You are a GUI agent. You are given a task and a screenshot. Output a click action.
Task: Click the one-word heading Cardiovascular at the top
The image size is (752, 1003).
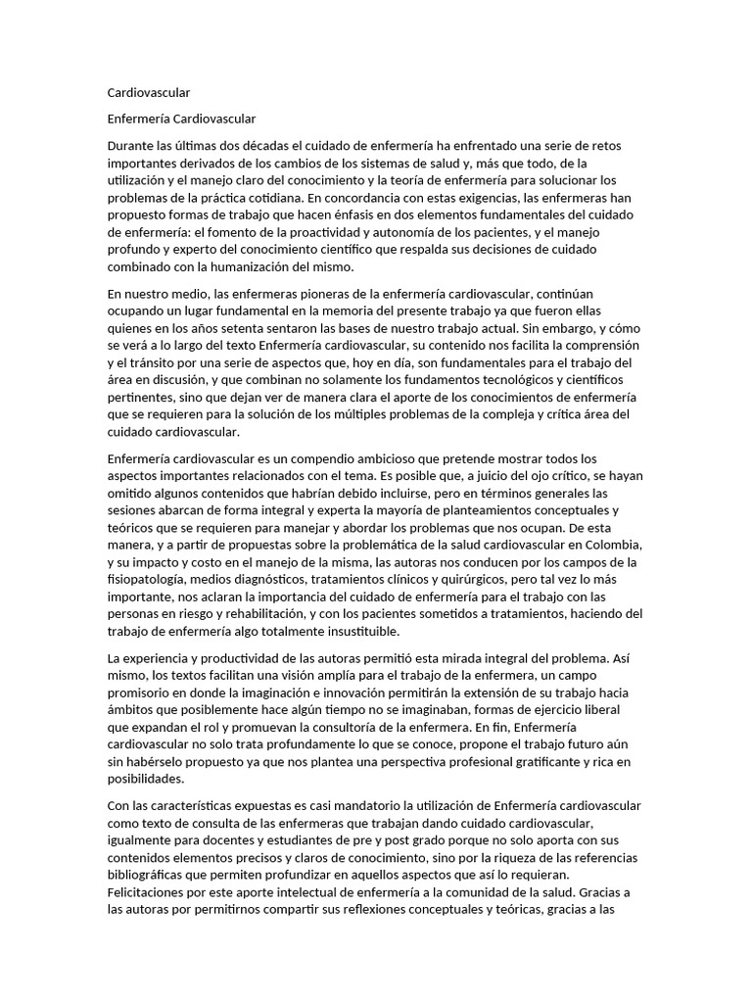coord(149,92)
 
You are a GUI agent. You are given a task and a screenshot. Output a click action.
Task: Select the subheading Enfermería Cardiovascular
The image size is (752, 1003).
coord(181,119)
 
